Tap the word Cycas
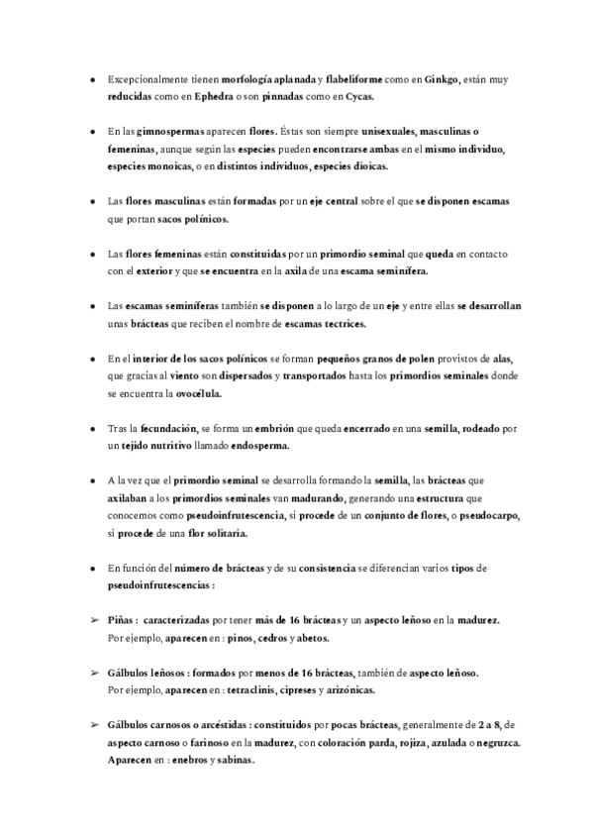pos(360,97)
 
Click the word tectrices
pos(342,324)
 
